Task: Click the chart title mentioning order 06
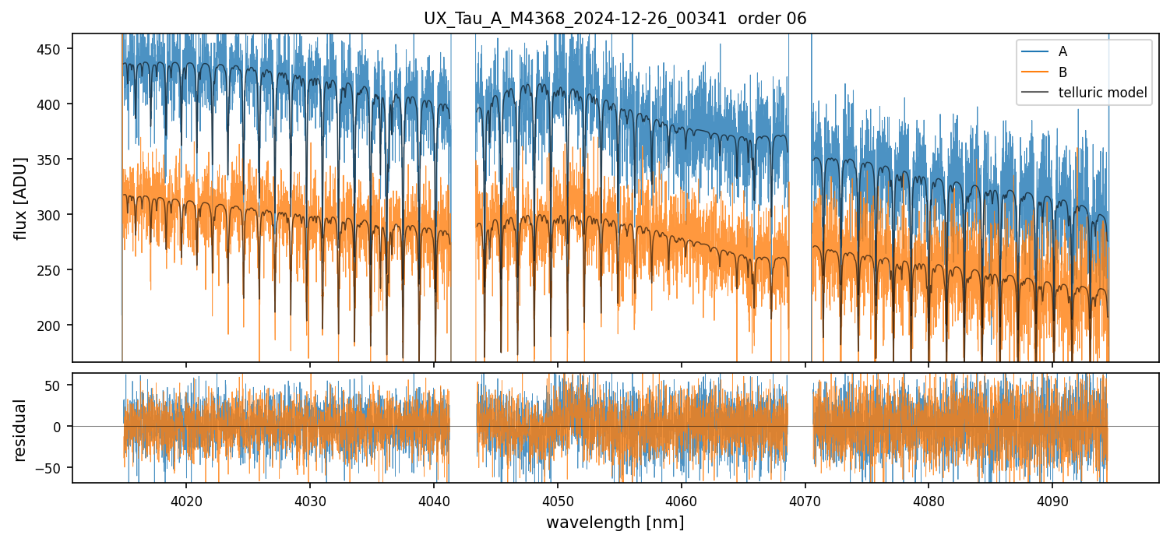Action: (615, 19)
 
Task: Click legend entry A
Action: (1063, 51)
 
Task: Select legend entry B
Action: (1063, 72)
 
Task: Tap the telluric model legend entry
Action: (1102, 93)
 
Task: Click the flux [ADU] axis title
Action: (21, 198)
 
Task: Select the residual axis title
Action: (21, 430)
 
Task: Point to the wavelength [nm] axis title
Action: (615, 523)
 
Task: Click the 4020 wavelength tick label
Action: (186, 499)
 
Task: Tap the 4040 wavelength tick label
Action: (434, 499)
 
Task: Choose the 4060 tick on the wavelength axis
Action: (682, 499)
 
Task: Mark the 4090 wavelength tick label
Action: (1052, 499)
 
